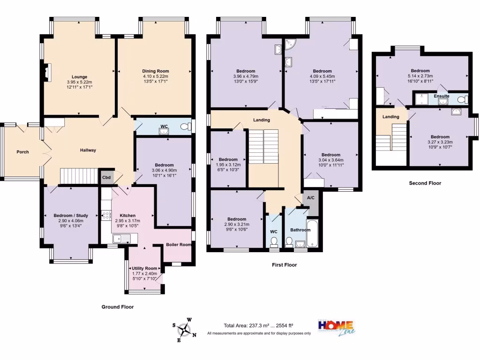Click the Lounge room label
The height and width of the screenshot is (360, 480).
pyautogui.click(x=79, y=77)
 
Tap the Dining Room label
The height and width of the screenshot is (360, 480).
pyautogui.click(x=155, y=71)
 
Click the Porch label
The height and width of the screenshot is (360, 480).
pyautogui.click(x=22, y=152)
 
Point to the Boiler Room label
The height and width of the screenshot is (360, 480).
pyautogui.click(x=178, y=245)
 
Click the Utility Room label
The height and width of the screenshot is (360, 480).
pyautogui.click(x=144, y=268)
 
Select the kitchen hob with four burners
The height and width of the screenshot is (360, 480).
pyautogui.click(x=105, y=216)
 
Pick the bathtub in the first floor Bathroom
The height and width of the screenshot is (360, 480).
pyautogui.click(x=312, y=233)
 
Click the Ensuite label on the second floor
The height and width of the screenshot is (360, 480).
pyautogui.click(x=442, y=96)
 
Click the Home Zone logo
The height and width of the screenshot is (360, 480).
pyautogui.click(x=336, y=327)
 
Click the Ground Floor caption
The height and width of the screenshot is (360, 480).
pyautogui.click(x=118, y=307)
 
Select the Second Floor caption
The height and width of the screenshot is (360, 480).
pyautogui.click(x=425, y=183)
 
